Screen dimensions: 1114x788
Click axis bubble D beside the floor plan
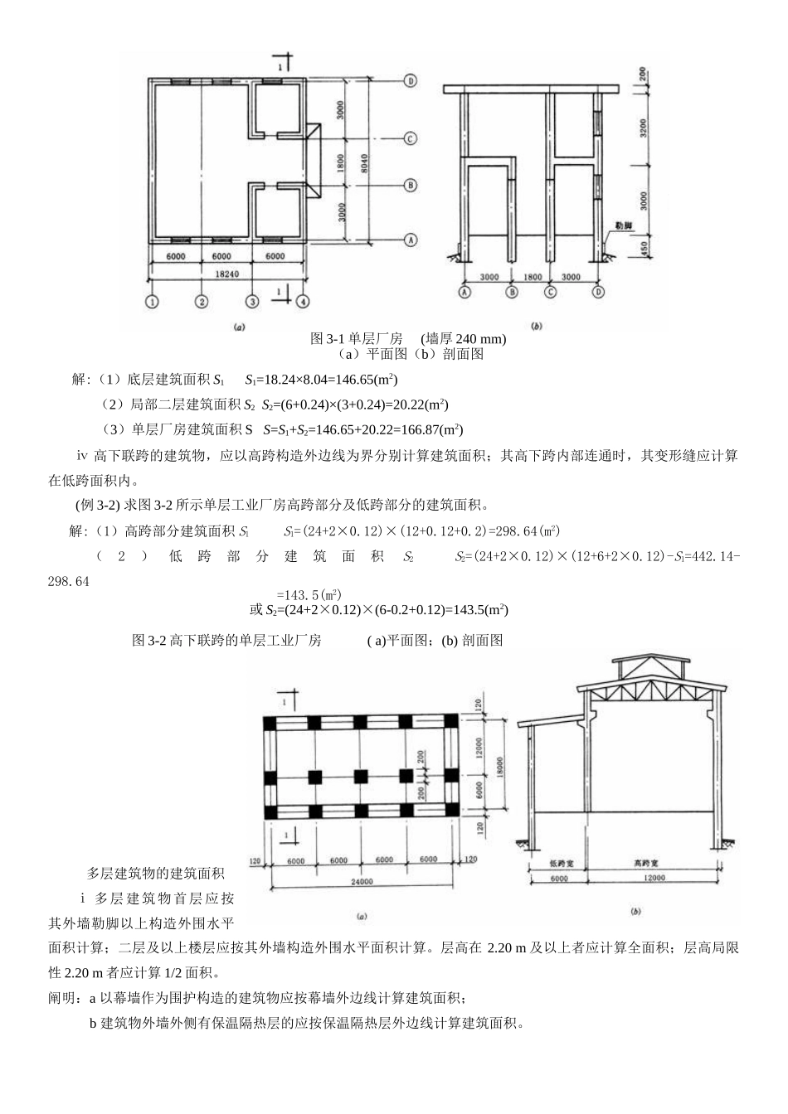tap(410, 81)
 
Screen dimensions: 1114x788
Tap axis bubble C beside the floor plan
tap(410, 138)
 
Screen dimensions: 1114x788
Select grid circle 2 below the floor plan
tap(201, 302)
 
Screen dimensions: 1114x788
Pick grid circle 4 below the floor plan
tap(304, 302)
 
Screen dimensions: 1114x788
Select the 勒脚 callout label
tap(623, 225)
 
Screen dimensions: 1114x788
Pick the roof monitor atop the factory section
tap(649, 667)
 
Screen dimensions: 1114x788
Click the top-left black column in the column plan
tap(271, 723)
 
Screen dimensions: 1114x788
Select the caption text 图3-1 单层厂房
tap(357, 339)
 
